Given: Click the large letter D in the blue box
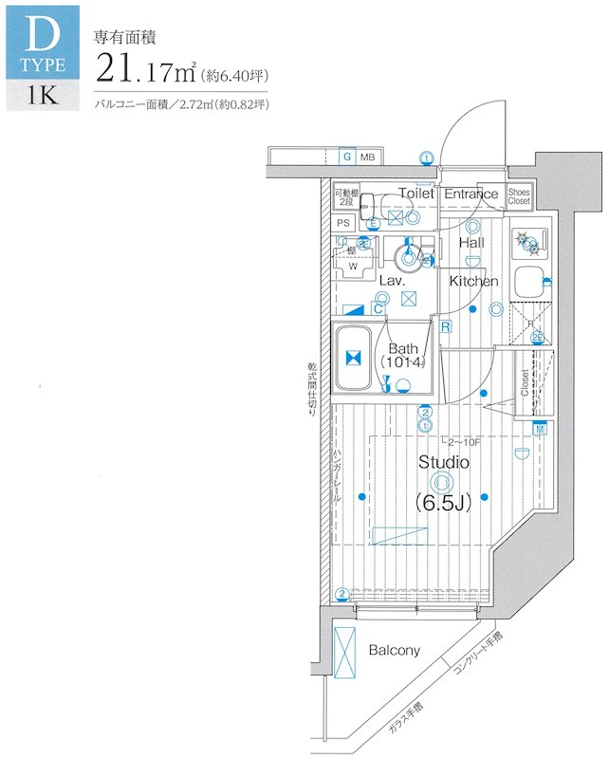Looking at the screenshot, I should (40, 35).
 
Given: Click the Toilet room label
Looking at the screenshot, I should (415, 194).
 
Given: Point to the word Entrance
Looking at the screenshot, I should (471, 194).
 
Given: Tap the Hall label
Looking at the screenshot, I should (471, 243).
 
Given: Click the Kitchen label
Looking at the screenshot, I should (473, 281).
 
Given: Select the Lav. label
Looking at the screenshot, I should (393, 282).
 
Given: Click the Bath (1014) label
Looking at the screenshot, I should (402, 355).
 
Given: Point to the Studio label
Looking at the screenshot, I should (444, 463).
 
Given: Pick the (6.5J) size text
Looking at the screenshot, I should (444, 503).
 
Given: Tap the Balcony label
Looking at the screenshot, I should (394, 650).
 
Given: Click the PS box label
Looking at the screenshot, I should (343, 224).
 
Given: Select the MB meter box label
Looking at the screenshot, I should (366, 157).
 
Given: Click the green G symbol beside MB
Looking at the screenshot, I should (347, 157).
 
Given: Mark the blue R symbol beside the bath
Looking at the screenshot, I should (445, 326).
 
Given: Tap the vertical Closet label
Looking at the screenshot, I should (525, 381).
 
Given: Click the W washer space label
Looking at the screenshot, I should (353, 267).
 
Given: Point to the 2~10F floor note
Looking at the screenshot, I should (463, 441).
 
